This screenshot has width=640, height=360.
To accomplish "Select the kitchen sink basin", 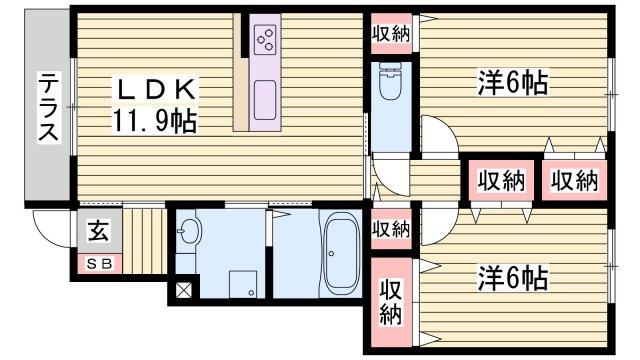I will click(x=267, y=100).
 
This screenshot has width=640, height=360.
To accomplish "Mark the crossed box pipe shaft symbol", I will click(x=184, y=293).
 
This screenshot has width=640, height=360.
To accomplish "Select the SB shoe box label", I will click(x=99, y=264).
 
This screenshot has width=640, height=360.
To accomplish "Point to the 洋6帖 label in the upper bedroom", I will click(x=511, y=83).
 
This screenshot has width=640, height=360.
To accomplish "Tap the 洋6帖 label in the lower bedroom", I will click(x=511, y=277).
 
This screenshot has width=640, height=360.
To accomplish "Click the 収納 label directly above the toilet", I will click(x=391, y=33).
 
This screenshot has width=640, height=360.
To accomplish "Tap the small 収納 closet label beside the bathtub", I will click(x=391, y=228).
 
